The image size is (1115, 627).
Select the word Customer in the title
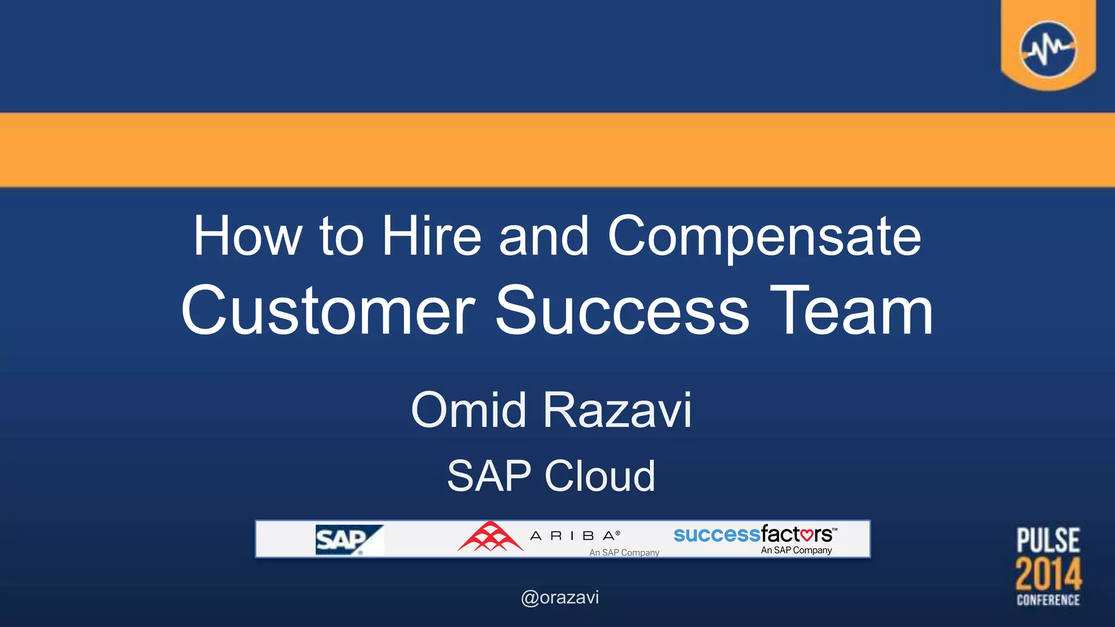click(x=328, y=311)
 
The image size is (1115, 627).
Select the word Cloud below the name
click(x=600, y=476)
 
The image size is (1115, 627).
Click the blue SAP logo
click(x=348, y=539)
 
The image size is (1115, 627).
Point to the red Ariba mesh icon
click(x=490, y=537)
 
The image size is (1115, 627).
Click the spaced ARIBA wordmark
click(x=575, y=536)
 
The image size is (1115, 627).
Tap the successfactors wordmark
click(x=753, y=534)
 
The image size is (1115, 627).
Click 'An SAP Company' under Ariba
click(x=624, y=552)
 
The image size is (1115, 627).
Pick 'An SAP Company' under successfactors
click(x=796, y=550)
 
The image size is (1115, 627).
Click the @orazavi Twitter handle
click(x=560, y=598)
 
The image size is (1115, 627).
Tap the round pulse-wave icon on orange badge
click(x=1047, y=50)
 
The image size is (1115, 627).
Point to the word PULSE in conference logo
click(x=1048, y=540)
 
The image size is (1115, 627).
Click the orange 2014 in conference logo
click(x=1048, y=574)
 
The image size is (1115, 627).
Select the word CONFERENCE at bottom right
click(x=1048, y=600)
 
